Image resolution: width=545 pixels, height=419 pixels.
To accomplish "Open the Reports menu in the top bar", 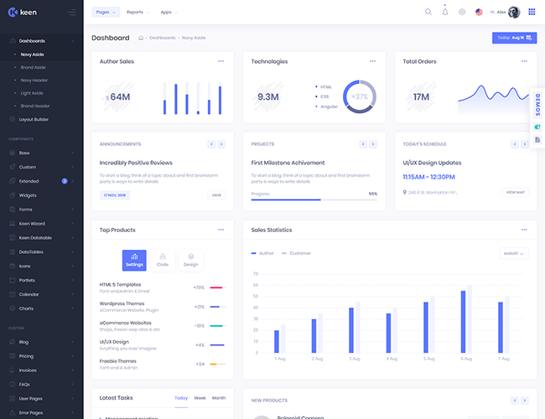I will pyautogui.click(x=135, y=13).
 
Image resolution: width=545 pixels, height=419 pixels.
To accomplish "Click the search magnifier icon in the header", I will pyautogui.click(x=428, y=13).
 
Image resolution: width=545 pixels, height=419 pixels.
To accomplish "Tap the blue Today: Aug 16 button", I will pyautogui.click(x=514, y=38).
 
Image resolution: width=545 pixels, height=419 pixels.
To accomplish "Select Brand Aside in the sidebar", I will pyautogui.click(x=34, y=67).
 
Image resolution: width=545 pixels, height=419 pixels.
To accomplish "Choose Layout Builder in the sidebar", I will pyautogui.click(x=34, y=119).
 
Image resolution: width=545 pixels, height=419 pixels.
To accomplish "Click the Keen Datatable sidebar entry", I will pyautogui.click(x=35, y=237).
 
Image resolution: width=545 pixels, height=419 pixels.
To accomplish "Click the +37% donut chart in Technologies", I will pyautogui.click(x=359, y=96).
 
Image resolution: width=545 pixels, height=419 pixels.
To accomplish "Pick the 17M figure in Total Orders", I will pyautogui.click(x=421, y=97).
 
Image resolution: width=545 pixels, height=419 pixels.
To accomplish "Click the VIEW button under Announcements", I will pyautogui.click(x=216, y=194).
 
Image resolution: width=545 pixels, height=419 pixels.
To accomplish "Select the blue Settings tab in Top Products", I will pyautogui.click(x=134, y=260).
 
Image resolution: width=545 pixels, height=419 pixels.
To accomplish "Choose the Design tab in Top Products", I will pyautogui.click(x=190, y=260).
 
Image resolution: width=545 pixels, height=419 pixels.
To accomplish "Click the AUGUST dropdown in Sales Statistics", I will pyautogui.click(x=513, y=253).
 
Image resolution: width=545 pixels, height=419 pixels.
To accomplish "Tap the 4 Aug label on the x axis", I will pyautogui.click(x=391, y=359).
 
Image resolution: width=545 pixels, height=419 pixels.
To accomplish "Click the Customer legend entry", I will pyautogui.click(x=298, y=253).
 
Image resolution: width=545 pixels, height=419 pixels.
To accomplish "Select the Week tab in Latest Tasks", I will pyautogui.click(x=200, y=398).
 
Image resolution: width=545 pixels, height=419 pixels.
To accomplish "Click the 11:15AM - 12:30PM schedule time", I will pyautogui.click(x=428, y=177).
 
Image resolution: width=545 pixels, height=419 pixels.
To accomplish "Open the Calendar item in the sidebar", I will pyautogui.click(x=29, y=294).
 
